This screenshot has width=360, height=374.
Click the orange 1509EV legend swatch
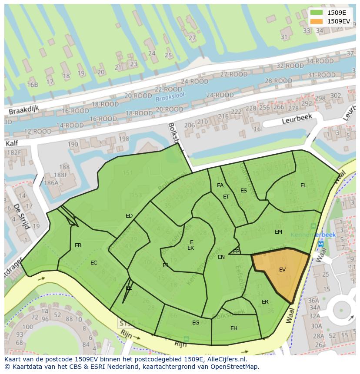coord(317,21)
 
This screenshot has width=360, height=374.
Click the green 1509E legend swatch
coord(317,13)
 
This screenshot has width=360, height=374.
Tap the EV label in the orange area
coord(282,270)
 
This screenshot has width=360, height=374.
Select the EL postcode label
coord(303,185)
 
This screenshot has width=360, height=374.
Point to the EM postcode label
coord(278,232)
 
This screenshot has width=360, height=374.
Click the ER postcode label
coord(265,302)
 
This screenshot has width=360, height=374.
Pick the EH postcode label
coord(234,328)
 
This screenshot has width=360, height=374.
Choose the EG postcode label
coord(196,322)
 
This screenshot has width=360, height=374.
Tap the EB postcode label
coord(78,245)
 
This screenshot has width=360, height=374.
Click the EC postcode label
coord(93,263)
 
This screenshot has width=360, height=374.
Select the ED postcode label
coord(129,216)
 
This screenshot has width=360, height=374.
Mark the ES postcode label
coord(243,191)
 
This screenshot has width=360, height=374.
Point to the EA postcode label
coord(220,185)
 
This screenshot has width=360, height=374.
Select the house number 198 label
coord(123,139)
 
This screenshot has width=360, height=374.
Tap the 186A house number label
coord(51,183)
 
